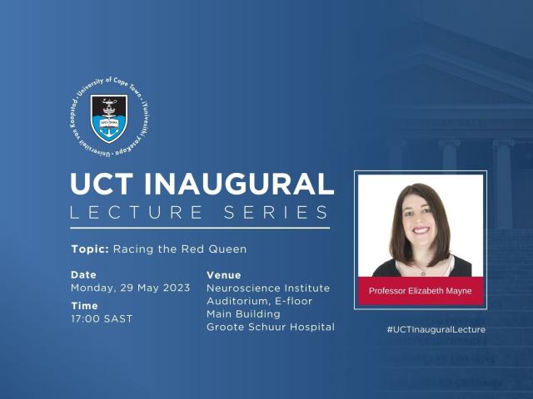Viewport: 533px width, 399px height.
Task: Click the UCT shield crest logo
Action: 109,117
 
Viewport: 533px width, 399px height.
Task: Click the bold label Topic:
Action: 89,249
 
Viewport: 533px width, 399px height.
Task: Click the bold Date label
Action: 83,274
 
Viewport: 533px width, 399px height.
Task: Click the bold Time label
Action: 84,305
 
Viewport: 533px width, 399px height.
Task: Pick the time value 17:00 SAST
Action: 102,318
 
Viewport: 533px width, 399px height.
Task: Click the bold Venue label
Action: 223,274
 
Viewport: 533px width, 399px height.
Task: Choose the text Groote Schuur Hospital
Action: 270,327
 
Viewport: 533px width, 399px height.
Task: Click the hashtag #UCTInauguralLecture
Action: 436,330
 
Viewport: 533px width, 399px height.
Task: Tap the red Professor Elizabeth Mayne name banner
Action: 421,292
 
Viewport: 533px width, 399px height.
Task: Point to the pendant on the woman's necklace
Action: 422,272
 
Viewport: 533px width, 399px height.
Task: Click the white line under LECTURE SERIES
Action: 200,227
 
